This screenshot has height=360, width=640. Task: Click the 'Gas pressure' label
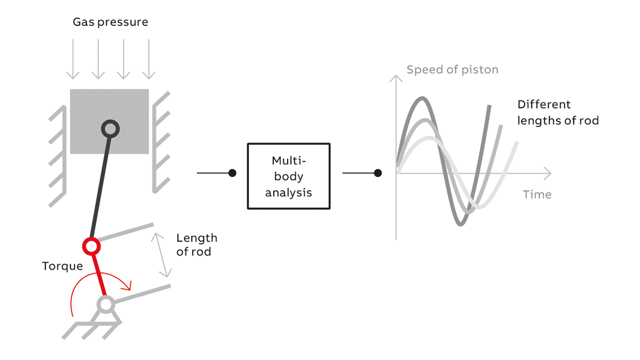pyautogui.click(x=110, y=22)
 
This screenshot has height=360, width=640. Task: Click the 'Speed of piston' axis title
pyautogui.click(x=452, y=70)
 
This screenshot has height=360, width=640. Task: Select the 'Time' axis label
pyautogui.click(x=537, y=194)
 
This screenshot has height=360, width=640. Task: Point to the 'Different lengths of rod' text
pyautogui.click(x=558, y=112)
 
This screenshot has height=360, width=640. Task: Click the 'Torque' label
pyautogui.click(x=62, y=266)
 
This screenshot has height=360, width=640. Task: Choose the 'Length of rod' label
pyautogui.click(x=196, y=245)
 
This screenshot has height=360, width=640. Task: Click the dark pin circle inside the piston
pyautogui.click(x=110, y=129)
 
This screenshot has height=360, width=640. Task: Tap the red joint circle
pyautogui.click(x=91, y=246)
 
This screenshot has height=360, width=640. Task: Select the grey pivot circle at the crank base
pyautogui.click(x=105, y=304)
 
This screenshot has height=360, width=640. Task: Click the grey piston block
pyautogui.click(x=109, y=121)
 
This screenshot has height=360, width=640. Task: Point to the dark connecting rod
pyautogui.click(x=100, y=187)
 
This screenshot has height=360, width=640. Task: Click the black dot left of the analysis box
pyautogui.click(x=232, y=173)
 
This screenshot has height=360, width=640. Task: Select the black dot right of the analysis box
pyautogui.click(x=377, y=173)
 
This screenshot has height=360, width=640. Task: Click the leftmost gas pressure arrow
pyautogui.click(x=73, y=59)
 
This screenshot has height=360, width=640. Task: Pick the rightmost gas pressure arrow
pyautogui.click(x=149, y=59)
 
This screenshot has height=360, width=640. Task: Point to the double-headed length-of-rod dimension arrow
pyautogui.click(x=161, y=255)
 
